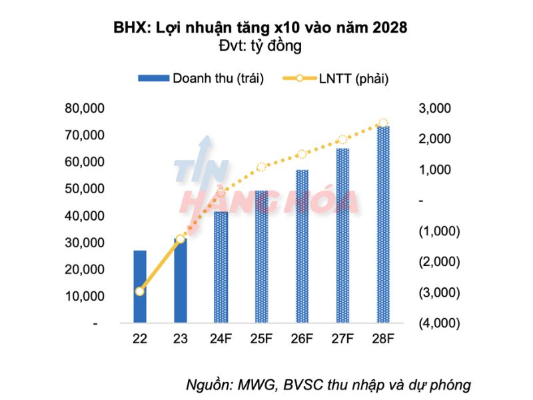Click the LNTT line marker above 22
(139, 291)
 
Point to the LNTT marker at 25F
(262, 167)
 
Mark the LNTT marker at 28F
(383, 123)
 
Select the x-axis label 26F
(302, 339)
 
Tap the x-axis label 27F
(342, 339)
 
